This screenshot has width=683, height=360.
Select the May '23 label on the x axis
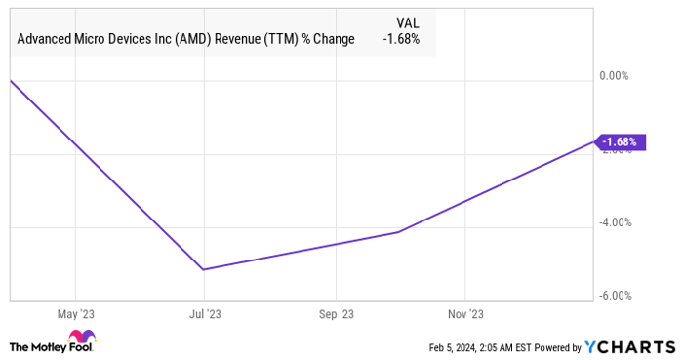(x=75, y=314)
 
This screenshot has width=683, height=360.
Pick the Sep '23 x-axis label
(x=335, y=314)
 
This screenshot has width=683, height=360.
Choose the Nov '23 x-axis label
(x=464, y=314)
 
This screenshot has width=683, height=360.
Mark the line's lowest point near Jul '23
(x=203, y=269)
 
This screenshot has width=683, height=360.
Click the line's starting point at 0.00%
(x=10, y=81)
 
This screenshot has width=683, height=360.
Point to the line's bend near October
(x=398, y=232)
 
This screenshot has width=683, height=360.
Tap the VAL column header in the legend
(x=408, y=21)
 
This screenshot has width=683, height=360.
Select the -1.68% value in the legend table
(x=400, y=39)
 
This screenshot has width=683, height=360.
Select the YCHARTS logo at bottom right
(x=629, y=347)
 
